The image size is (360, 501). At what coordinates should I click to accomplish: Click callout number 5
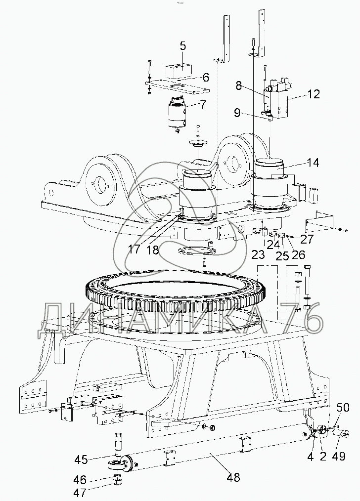182,46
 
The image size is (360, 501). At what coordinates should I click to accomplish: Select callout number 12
314,94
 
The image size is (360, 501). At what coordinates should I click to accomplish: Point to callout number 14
313,163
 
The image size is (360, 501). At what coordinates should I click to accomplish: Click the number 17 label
135,249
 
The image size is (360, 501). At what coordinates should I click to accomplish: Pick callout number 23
258,254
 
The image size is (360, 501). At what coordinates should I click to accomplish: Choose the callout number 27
307,239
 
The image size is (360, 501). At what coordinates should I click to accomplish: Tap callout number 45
81,459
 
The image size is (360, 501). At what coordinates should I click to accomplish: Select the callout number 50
343,408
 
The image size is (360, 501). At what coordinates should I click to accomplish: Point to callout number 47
80,493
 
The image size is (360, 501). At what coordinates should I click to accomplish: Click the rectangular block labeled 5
178,72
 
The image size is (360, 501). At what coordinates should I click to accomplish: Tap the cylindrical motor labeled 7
178,113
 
